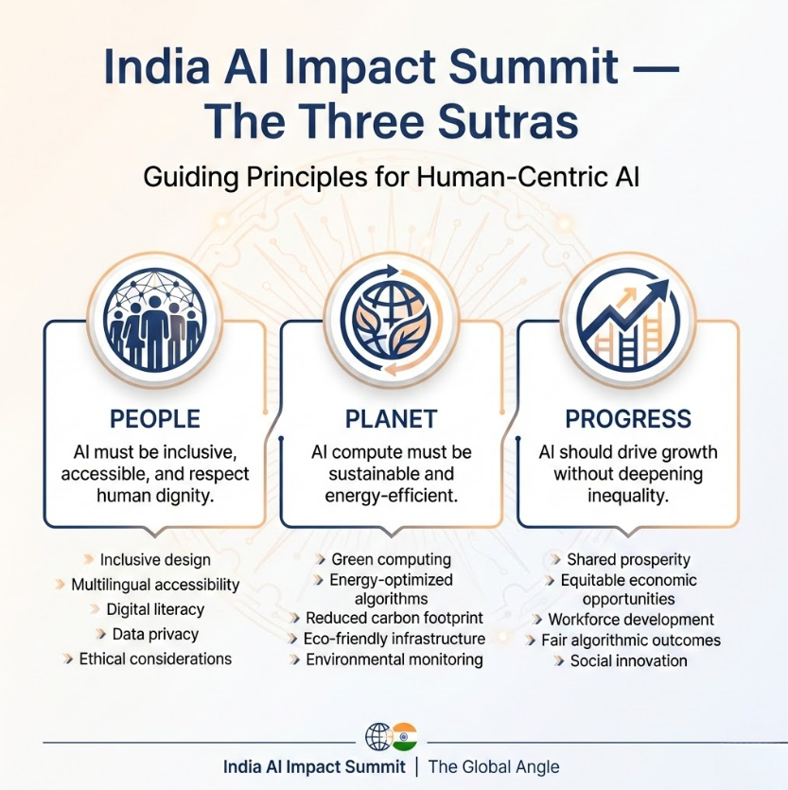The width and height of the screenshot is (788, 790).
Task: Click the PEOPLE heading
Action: point(155,418)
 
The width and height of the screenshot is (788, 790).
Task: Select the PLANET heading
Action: point(392,418)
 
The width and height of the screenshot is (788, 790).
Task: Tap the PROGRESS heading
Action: point(628,418)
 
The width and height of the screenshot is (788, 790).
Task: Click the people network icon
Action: point(155,319)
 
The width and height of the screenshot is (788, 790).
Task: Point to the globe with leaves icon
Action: point(392,319)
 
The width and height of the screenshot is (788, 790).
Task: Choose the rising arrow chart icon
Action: point(628,319)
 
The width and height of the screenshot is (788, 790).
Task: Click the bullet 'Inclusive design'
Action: point(155,559)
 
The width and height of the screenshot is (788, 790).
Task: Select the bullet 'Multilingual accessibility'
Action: point(155,585)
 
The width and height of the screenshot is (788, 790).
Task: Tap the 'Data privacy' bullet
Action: point(155,634)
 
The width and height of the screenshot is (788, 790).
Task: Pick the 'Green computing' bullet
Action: point(391,559)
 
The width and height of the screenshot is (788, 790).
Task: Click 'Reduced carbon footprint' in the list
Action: point(394,618)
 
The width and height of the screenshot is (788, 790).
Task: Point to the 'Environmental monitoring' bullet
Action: point(394,659)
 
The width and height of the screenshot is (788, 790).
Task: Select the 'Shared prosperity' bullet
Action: point(628,559)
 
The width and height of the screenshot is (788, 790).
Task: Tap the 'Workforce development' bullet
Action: point(631,620)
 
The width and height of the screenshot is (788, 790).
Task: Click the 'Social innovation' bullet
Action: point(628,660)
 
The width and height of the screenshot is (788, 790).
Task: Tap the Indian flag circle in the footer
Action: point(405,735)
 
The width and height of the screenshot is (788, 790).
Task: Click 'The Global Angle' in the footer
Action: point(494,766)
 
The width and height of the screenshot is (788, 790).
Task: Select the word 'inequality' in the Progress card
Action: point(628,496)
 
